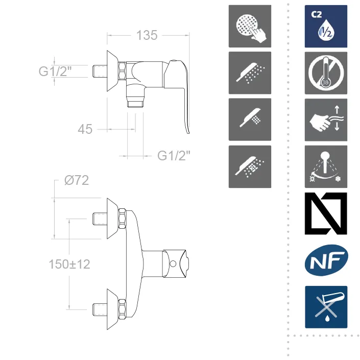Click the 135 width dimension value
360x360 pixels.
147,35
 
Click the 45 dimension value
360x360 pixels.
85,129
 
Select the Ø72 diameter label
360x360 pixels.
77,180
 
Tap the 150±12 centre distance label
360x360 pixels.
69,264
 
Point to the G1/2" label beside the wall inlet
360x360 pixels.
55,71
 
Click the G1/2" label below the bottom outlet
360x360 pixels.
174,156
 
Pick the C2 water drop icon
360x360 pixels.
326,26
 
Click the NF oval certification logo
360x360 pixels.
326,260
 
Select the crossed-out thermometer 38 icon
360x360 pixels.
326,73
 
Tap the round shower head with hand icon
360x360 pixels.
250,26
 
